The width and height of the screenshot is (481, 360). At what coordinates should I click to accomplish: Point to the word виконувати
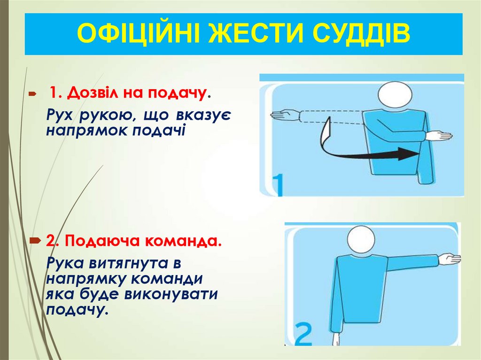[x=171, y=294]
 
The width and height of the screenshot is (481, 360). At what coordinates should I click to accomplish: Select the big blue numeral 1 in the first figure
[x=278, y=185]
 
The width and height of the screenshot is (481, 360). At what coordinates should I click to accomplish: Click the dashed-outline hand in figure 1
[x=285, y=115]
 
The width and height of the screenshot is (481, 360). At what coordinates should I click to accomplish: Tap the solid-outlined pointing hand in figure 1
[x=439, y=136]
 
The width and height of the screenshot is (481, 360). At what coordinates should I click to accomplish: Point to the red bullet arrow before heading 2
[x=35, y=241]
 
